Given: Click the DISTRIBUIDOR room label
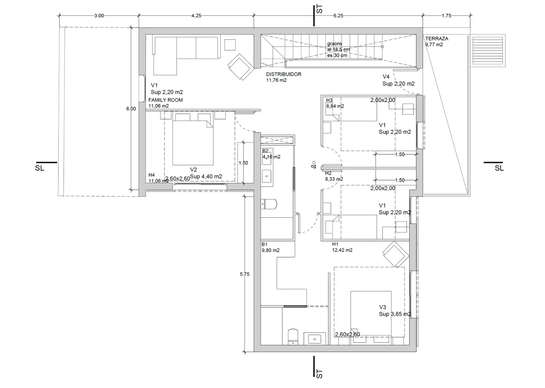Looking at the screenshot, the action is point(284,74).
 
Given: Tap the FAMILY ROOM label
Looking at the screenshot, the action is point(165,100).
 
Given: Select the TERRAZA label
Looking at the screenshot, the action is point(437,38).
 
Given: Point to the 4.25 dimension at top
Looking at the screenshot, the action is point(196,15).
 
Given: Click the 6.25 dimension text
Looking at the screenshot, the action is point(338,15).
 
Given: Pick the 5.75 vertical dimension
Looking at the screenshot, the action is point(245,274).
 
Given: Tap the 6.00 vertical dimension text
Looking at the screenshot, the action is point(131,108).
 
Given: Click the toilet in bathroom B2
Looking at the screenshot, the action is point(269,204).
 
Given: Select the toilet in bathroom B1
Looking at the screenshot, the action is point(293,337).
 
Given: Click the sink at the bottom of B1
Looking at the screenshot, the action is point(315,339).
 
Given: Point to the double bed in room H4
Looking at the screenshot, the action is point(193,139).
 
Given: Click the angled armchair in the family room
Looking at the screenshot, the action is point(241,67).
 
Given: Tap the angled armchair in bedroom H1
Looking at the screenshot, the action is point(396,254).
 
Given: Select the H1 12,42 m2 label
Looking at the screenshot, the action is point(342,247).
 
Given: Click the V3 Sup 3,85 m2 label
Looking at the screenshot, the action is point(395,311).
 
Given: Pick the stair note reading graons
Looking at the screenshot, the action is point(335,44).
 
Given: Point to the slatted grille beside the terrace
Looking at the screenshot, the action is point(488,51).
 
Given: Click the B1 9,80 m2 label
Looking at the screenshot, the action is point(270,247).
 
